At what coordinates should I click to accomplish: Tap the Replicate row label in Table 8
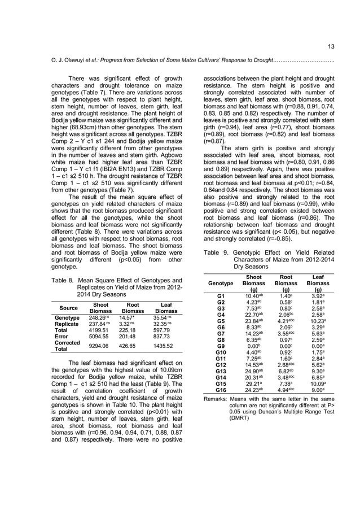tap(67, 325)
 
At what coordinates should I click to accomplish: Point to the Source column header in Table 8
tap(67, 307)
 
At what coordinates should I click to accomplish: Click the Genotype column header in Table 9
tap(221, 282)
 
